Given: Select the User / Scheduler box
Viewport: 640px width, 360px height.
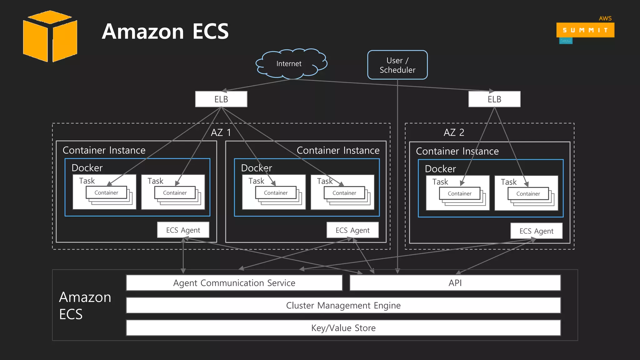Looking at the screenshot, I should tap(397, 65).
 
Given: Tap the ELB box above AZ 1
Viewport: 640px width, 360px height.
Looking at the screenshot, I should tap(221, 99).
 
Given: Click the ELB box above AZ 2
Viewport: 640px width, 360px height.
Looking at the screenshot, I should tap(494, 99).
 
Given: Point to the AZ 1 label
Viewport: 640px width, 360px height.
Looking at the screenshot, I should tap(221, 132).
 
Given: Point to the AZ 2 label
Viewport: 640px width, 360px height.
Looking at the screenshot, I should tap(454, 132).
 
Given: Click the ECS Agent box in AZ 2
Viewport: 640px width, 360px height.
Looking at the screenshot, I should tap(536, 231).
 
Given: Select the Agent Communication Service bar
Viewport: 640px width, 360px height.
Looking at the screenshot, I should tap(234, 283).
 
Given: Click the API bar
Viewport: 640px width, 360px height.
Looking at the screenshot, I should tap(455, 283).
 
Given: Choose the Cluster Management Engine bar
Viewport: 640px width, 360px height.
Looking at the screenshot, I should tap(343, 305).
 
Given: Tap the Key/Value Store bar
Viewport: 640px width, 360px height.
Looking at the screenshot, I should tap(343, 328).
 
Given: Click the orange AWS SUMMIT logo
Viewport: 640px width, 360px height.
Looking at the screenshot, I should tap(585, 30).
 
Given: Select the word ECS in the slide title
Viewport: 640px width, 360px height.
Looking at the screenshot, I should tap(210, 32).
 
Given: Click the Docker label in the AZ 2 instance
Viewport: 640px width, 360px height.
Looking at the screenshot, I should tap(440, 169).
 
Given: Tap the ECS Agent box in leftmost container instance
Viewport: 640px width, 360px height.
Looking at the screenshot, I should tap(183, 230).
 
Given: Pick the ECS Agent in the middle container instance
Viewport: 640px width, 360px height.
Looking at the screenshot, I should tap(352, 230).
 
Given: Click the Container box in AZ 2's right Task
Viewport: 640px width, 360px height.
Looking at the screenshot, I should tap(528, 194).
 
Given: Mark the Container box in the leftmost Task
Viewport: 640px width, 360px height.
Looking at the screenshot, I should tap(106, 192).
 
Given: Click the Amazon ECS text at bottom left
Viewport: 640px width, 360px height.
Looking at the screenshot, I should tap(85, 305).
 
